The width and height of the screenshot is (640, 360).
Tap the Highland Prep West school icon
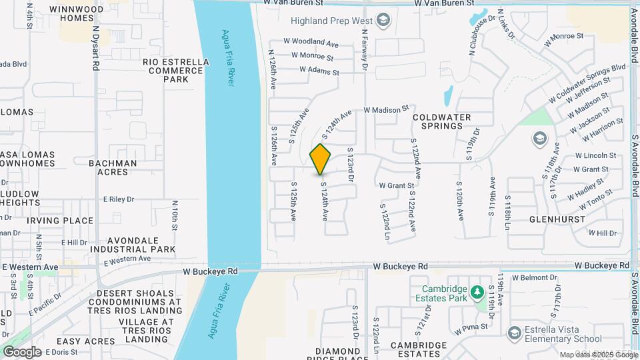(x=383, y=20)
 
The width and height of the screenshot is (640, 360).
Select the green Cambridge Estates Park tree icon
(x=477, y=293)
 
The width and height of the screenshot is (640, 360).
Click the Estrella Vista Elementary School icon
(x=514, y=332)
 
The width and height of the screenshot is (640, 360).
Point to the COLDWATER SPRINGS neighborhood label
(x=441, y=121)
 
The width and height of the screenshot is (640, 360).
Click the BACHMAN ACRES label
(x=113, y=167)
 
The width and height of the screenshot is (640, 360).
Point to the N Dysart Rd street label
(x=96, y=49)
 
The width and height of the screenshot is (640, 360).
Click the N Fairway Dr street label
(x=365, y=49)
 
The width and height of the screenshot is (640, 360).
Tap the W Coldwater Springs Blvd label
(x=587, y=83)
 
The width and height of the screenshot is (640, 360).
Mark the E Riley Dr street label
(x=119, y=199)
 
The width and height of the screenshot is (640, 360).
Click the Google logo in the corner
(x=21, y=351)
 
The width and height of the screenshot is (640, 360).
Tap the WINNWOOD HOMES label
(x=82, y=13)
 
